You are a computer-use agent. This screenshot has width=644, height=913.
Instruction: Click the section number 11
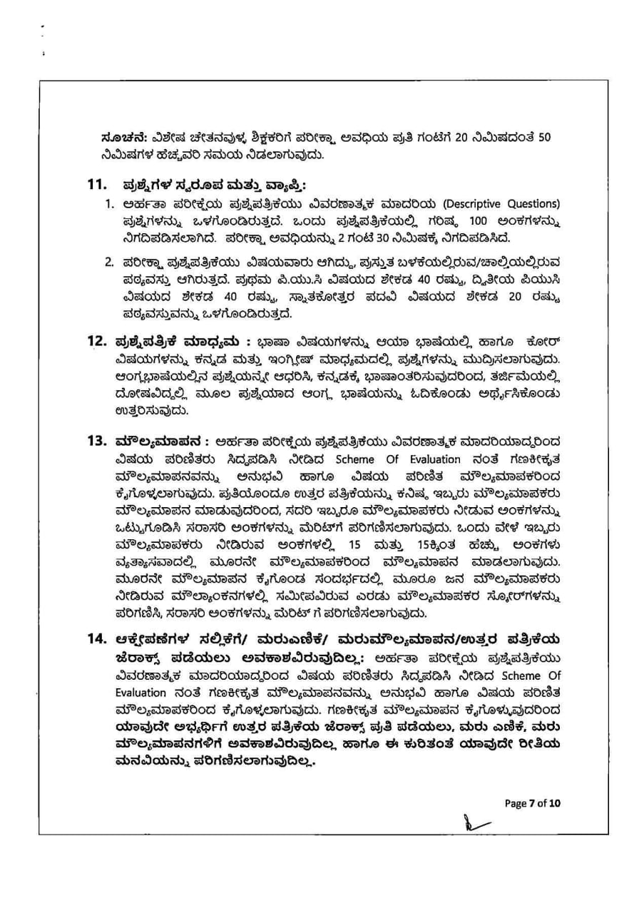(97, 185)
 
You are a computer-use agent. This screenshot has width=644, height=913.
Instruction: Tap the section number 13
(97, 439)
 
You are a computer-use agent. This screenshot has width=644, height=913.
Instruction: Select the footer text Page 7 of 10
(533, 803)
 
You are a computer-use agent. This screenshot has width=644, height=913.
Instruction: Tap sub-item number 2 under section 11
(110, 262)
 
